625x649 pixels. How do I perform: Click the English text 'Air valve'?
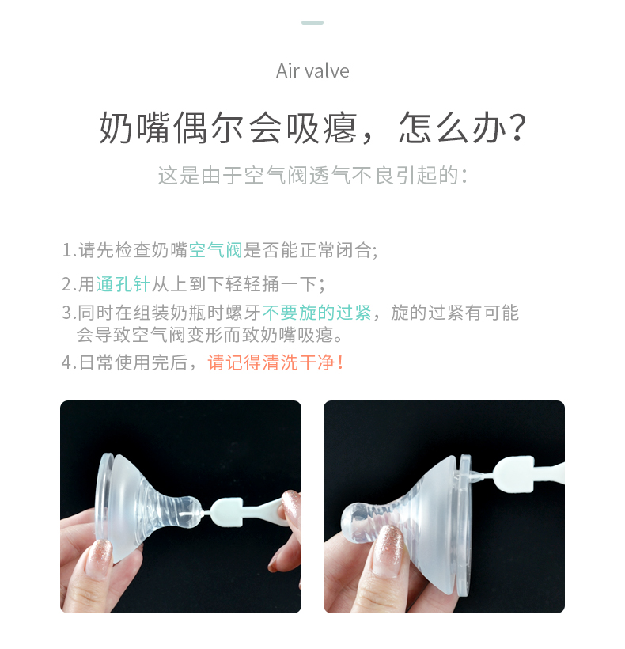(312, 70)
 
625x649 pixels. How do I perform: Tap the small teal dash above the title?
(312, 22)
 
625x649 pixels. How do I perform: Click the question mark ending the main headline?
(518, 128)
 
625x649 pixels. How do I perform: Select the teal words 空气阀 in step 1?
(215, 250)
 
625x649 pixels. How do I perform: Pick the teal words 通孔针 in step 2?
(123, 284)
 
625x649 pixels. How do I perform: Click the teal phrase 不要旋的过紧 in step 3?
(316, 313)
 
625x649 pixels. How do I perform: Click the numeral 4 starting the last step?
(66, 363)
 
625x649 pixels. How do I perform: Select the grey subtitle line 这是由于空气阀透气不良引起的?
(309, 175)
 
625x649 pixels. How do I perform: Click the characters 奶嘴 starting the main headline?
(134, 128)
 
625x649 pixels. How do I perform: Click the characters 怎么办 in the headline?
(453, 128)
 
